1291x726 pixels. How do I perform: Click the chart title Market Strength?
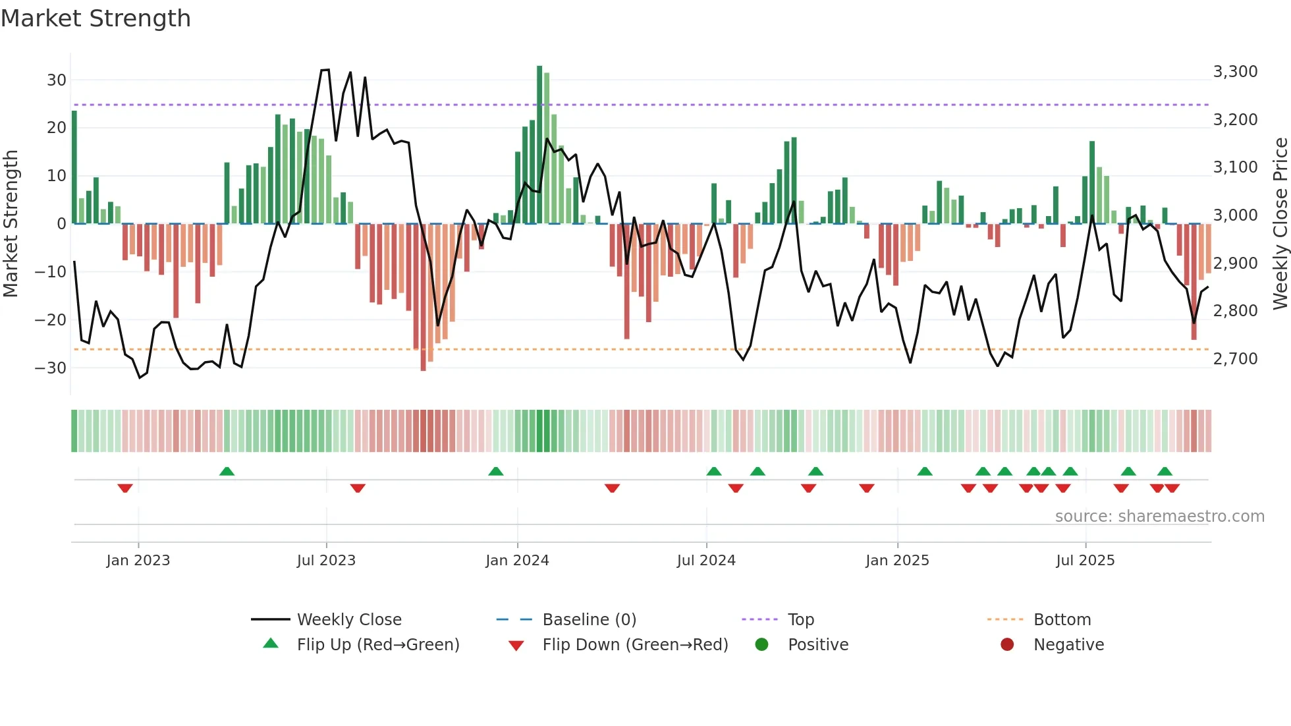(x=96, y=18)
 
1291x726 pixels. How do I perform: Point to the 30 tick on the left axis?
(x=57, y=80)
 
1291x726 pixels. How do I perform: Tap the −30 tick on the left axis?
(x=51, y=368)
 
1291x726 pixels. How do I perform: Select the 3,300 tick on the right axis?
(x=1235, y=72)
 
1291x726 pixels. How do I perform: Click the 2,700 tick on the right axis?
(x=1235, y=359)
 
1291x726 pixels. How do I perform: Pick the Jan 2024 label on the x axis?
(x=517, y=561)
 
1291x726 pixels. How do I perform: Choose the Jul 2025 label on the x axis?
(x=1085, y=561)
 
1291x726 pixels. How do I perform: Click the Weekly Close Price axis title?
(x=1280, y=224)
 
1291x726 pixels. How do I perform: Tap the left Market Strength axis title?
(x=11, y=224)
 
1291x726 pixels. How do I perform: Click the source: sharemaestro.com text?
(x=1159, y=517)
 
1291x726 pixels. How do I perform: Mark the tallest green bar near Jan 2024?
(x=539, y=145)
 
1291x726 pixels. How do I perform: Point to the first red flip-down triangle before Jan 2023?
(x=125, y=488)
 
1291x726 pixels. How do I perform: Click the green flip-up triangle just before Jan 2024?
(x=496, y=471)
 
